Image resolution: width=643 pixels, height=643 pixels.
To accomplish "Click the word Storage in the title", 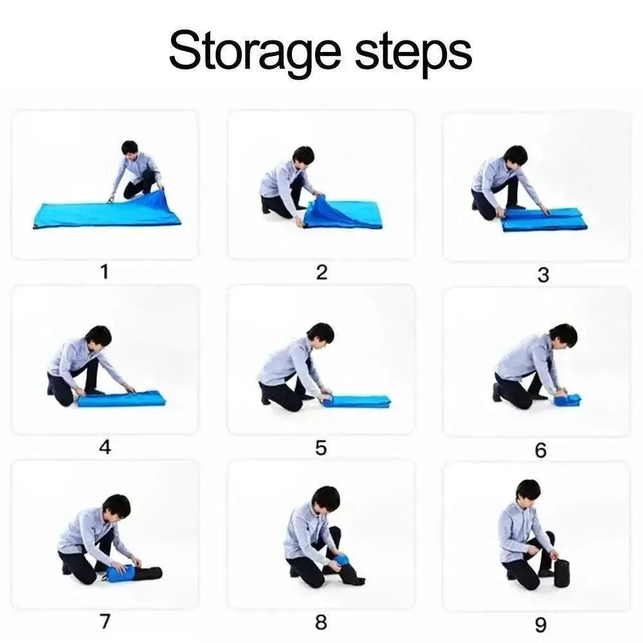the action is coord(255,52).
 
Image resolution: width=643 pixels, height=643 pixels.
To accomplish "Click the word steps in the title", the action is coord(413,54).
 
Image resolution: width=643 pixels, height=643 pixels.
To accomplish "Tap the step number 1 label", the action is coord(105,272).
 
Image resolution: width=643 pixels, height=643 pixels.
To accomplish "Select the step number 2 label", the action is coord(322,272).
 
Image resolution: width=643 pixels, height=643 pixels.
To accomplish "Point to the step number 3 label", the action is coord(543,275).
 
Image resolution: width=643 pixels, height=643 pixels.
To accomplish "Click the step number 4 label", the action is coord(105,447).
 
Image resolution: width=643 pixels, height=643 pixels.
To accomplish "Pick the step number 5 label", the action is coord(321,448).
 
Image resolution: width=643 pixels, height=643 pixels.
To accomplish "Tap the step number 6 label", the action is coord(541,451).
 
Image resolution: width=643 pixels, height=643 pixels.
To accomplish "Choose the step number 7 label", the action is coord(105,621).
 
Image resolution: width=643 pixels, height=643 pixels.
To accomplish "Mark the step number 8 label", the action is coord(321,622).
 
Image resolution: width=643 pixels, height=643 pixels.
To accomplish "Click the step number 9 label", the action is coord(541,625).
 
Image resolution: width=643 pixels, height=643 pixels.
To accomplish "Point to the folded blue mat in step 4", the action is coord(122,399).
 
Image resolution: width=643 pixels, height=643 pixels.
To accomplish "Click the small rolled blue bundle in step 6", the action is coord(567,399).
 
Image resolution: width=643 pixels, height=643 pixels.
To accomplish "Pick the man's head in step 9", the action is coord(528,491).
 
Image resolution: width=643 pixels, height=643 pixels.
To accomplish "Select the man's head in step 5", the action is coord(320,335).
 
